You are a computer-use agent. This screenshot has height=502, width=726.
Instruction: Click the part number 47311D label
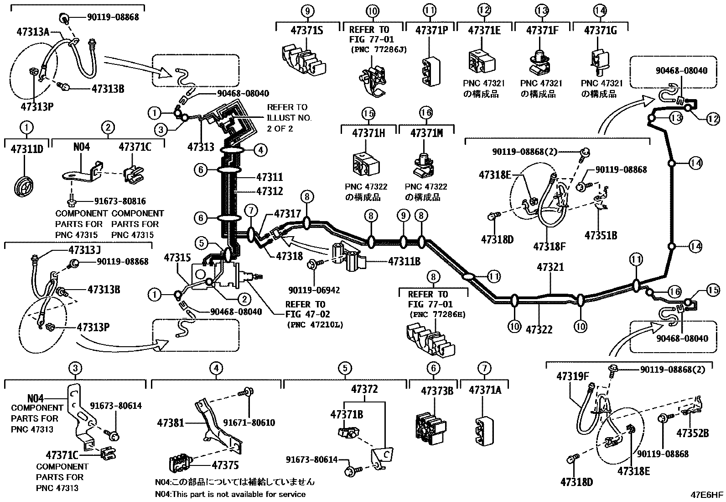[26, 149]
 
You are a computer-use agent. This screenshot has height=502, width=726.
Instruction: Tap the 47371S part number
[307, 31]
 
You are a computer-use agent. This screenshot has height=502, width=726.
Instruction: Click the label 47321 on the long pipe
[550, 267]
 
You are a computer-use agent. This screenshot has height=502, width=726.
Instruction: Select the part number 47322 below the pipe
[539, 329]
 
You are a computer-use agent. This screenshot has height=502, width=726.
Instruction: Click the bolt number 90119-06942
[314, 290]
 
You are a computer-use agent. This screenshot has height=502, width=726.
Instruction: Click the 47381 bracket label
[171, 423]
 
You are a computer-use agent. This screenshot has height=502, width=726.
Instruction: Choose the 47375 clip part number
[225, 465]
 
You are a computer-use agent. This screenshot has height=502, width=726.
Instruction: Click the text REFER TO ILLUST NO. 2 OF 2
[289, 118]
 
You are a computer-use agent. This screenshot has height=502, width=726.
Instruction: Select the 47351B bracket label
[601, 235]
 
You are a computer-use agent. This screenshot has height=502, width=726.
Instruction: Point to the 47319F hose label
[572, 376]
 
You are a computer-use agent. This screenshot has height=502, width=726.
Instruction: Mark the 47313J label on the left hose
[84, 250]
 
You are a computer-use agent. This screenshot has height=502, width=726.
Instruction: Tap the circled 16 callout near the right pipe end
[674, 291]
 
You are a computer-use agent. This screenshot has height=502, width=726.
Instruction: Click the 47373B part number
[436, 391]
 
